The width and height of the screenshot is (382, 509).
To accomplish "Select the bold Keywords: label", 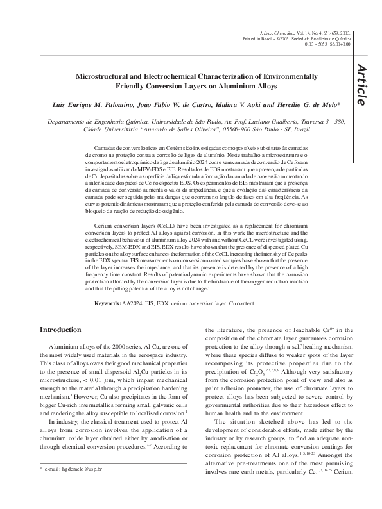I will (x=109, y=303).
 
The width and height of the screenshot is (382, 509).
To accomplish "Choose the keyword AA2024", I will (x=135, y=303).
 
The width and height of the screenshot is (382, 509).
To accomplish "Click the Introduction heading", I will (x=61, y=330).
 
